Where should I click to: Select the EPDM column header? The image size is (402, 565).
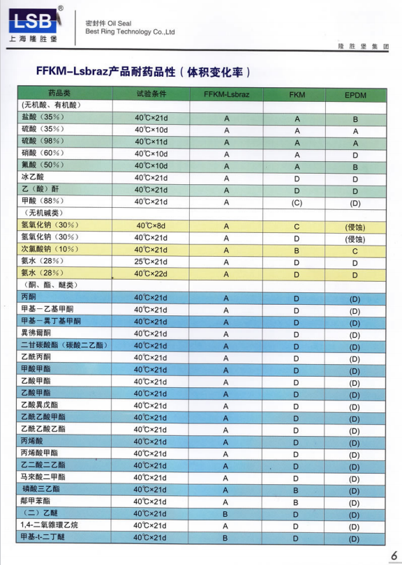click(355, 93)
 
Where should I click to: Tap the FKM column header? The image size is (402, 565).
click(296, 93)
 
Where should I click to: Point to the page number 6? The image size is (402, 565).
click(393, 555)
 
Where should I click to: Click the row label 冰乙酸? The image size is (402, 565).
click(33, 177)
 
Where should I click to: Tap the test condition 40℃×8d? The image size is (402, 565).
click(151, 226)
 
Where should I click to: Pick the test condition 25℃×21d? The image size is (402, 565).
click(151, 262)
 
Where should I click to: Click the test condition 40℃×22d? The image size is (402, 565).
click(151, 274)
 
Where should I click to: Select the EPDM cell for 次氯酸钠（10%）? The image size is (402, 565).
click(355, 250)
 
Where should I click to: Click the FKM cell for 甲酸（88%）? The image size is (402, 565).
click(296, 202)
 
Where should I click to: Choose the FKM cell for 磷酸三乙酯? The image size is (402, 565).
click(296, 490)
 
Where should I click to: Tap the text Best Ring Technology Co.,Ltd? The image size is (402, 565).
click(129, 31)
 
